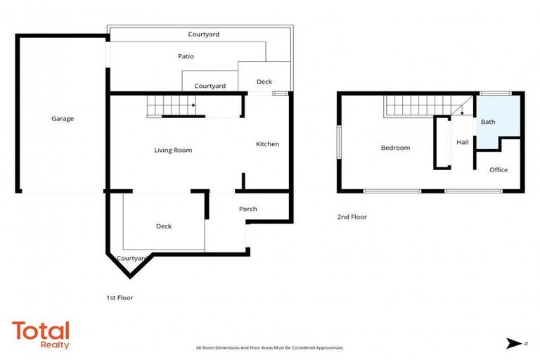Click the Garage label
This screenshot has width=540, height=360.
point(63,119)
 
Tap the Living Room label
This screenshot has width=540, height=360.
point(173,150)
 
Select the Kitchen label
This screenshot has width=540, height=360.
point(267,144)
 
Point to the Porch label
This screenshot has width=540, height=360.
point(247,209)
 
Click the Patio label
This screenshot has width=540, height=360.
point(185,56)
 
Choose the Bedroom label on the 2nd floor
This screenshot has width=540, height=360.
point(395,148)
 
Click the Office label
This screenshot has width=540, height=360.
point(499,170)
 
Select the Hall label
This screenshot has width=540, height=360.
point(462,143)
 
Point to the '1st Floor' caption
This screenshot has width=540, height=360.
point(120,298)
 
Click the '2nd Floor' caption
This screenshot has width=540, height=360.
point(352,217)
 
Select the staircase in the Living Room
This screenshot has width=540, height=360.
point(170,107)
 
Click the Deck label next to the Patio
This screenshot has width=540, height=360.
point(264,82)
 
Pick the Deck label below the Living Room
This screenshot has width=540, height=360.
point(163,226)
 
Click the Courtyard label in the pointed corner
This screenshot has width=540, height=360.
point(131,259)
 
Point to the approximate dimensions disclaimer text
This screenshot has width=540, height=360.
point(269,348)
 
